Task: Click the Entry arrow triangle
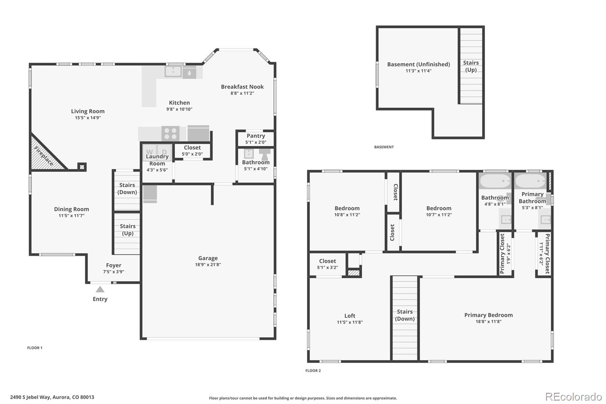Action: tap(100, 290)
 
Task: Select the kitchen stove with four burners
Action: tap(170, 134)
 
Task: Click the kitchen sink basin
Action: tap(173, 71)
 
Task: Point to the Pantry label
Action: tap(256, 136)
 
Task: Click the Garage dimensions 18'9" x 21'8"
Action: tap(208, 265)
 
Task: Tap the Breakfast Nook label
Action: tap(242, 87)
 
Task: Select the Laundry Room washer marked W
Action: tap(150, 152)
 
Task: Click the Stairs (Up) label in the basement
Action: tap(471, 66)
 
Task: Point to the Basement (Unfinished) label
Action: tap(419, 64)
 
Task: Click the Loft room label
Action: tap(350, 316)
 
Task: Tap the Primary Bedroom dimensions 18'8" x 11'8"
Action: tap(489, 322)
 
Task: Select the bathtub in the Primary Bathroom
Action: tap(530, 181)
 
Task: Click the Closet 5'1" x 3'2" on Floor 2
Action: tap(328, 264)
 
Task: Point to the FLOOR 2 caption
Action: tap(313, 371)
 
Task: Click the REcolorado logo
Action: tap(573, 397)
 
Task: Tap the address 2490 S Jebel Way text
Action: tap(52, 397)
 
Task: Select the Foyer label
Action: tap(114, 265)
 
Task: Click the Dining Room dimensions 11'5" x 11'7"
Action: tap(71, 216)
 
